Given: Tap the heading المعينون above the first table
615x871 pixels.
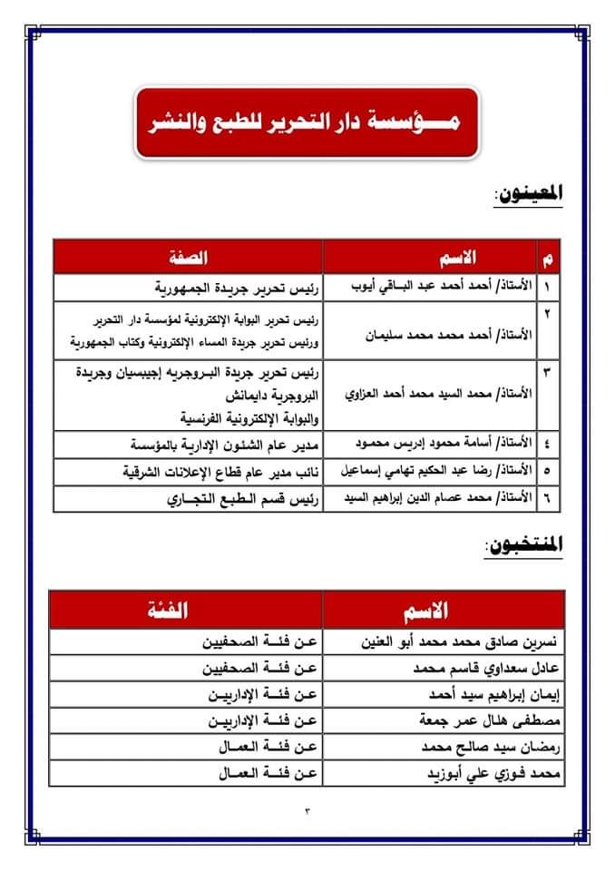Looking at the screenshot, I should click(528, 192).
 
